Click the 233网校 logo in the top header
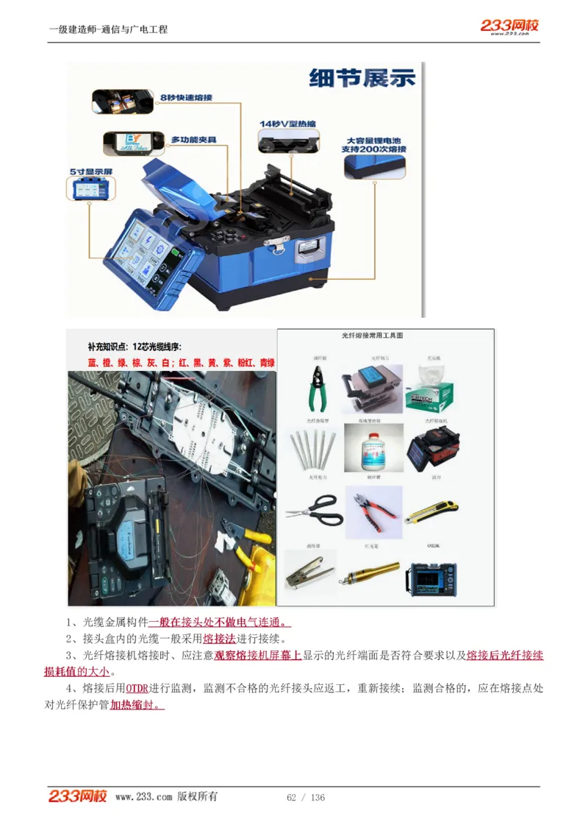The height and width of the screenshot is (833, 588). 509,26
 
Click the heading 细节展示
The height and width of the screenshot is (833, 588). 362,78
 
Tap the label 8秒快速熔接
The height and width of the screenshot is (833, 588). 187,96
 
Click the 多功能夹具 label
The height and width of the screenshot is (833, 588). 193,139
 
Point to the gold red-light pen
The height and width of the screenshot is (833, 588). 369,573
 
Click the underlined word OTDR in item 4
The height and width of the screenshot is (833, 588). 137,689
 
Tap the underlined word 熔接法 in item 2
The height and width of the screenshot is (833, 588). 219,638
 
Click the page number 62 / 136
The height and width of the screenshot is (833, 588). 306,798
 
